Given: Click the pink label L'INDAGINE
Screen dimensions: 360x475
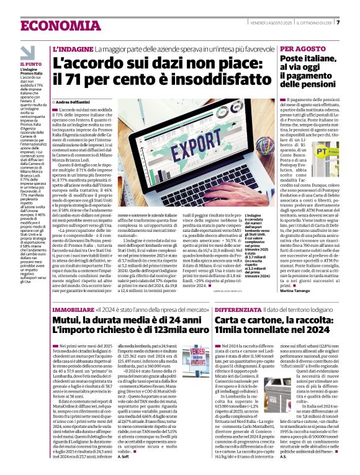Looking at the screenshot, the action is [73, 48].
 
